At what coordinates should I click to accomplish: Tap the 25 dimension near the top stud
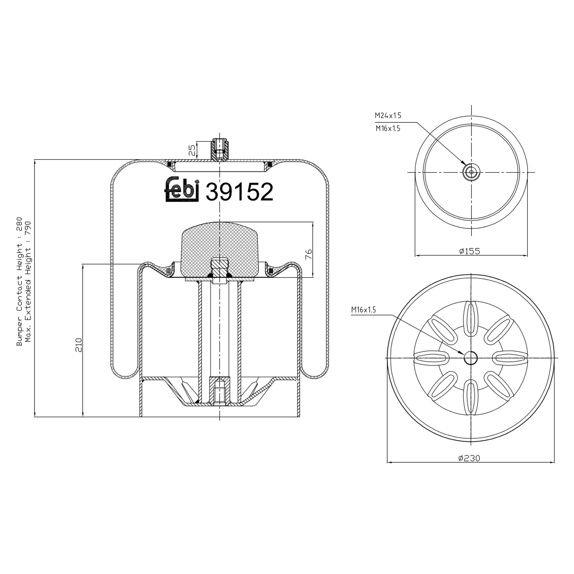point(193,150)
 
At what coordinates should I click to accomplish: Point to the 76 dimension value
point(309,254)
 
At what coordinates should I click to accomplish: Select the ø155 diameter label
point(469,251)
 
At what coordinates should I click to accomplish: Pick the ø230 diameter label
point(469,458)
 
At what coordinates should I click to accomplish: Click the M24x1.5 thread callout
point(388,116)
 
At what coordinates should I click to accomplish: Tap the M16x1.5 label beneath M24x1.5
point(388,129)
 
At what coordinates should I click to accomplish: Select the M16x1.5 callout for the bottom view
point(364,310)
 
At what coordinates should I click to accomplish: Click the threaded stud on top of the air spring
point(220,149)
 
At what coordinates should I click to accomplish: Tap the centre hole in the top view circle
point(471,172)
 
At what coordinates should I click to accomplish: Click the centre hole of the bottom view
point(471,358)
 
